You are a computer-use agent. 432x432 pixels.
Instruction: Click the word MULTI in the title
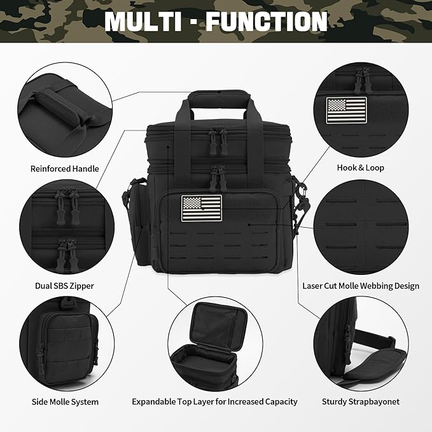(x=143, y=21)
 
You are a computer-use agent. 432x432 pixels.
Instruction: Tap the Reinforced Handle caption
(x=64, y=169)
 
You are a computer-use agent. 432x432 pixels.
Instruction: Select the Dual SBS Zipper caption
(x=64, y=286)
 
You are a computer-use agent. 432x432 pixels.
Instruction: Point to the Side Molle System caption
(x=65, y=402)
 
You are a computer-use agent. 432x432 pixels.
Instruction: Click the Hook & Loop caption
(x=360, y=168)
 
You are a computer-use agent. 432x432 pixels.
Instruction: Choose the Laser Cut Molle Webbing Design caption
(x=360, y=286)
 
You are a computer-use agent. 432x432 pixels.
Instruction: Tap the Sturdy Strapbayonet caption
(x=360, y=402)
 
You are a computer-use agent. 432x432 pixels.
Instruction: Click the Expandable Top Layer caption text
(x=214, y=402)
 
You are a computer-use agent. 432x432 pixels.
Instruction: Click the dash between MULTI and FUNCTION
(x=195, y=22)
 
